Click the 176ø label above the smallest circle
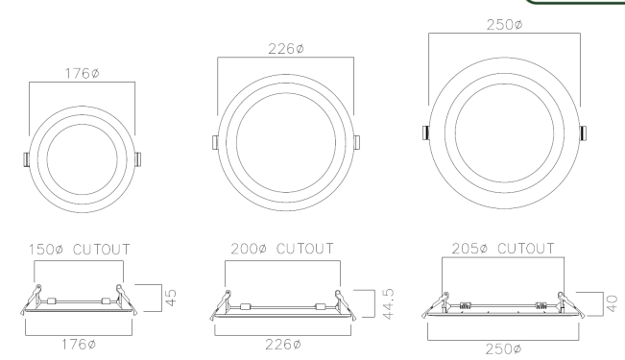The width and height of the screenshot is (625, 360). tap(83, 73)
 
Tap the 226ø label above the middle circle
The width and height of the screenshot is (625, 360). tap(286, 49)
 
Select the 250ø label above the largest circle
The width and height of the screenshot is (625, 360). tap(504, 25)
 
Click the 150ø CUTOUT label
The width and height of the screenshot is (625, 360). tap(80, 250)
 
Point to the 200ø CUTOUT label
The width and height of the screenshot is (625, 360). tap(282, 249)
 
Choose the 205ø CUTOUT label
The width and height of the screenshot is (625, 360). tap(503, 249)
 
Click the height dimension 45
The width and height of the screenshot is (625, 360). tap(171, 298)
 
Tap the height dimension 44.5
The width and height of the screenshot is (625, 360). tap(388, 303)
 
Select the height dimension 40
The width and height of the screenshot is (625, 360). tap(612, 303)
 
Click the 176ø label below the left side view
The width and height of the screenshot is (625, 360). tap(79, 345)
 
